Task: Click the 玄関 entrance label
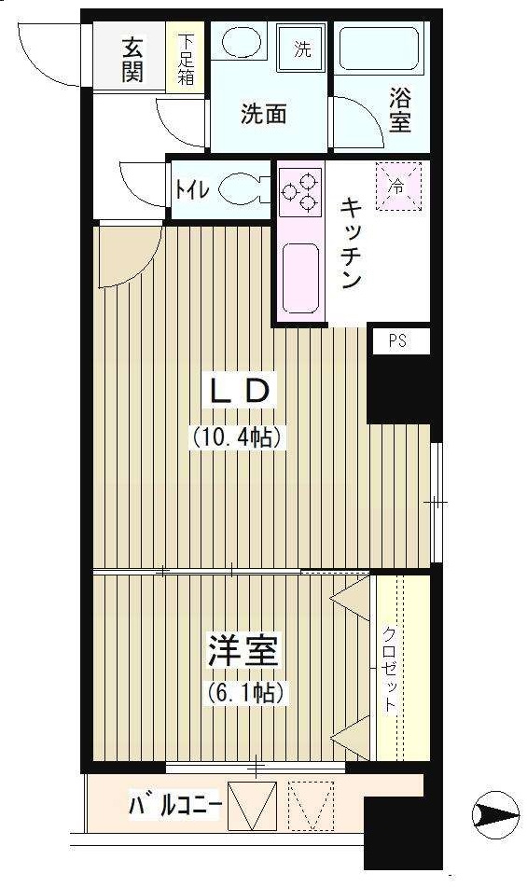point(132,59)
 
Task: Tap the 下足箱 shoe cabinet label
point(187,59)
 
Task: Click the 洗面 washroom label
point(263,114)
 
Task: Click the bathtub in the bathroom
point(379,49)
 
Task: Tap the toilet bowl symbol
point(243,189)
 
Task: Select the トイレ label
point(191,189)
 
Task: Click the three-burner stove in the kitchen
point(299,188)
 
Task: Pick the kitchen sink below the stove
point(299,277)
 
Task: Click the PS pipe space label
point(396,341)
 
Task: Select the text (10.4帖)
point(237,436)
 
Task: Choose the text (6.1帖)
point(240,693)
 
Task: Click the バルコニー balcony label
point(174,804)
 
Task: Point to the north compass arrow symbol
point(494,815)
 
